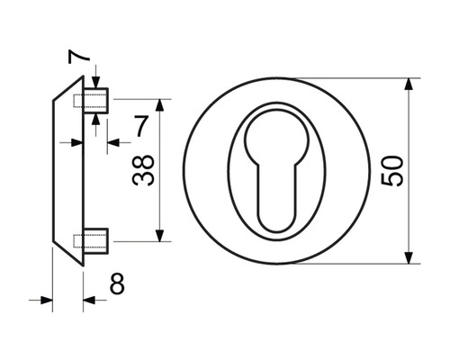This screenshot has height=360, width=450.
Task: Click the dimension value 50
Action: (391, 170)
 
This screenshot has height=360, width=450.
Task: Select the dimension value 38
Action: (143, 170)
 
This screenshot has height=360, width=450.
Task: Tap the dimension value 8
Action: (117, 283)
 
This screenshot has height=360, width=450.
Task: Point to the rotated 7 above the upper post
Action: (79, 57)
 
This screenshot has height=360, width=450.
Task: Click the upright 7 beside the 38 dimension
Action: (141, 126)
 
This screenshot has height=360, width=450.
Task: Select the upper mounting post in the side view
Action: (95, 101)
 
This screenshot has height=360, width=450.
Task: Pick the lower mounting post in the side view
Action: (95, 241)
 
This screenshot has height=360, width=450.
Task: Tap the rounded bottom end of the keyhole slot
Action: (276, 223)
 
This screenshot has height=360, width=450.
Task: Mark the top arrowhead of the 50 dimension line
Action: (409, 84)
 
